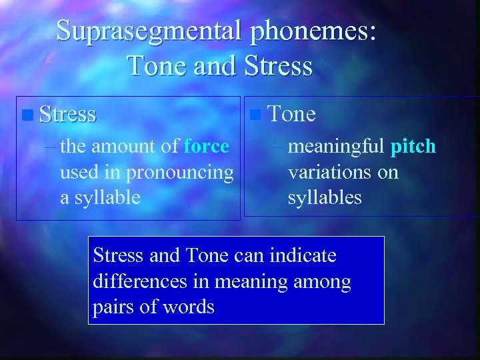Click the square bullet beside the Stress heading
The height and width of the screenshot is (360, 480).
coord(27,115)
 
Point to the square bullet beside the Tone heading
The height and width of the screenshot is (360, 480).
coord(255,115)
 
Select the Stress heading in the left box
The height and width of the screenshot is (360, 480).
coord(67,114)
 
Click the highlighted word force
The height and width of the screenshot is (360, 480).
coord(206,146)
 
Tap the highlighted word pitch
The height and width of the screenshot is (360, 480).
coord(413,146)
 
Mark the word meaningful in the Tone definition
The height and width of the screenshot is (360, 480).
coord(337,146)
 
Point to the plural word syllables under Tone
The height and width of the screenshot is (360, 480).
coord(325,198)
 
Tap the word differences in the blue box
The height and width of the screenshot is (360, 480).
coord(140,281)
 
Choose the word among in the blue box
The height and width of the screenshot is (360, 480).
coord(322,281)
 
